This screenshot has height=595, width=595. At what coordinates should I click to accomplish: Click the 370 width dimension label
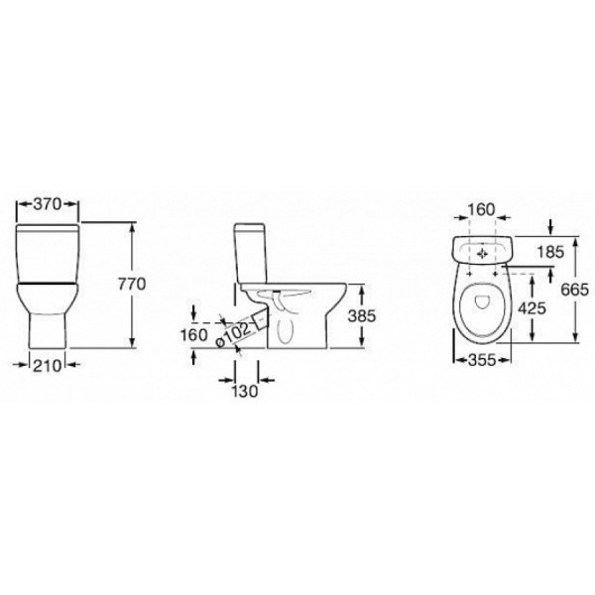[47, 204]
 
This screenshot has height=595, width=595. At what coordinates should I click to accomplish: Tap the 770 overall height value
[132, 284]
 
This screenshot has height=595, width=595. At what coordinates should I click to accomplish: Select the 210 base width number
[47, 366]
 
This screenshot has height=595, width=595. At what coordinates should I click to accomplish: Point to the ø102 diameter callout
[233, 334]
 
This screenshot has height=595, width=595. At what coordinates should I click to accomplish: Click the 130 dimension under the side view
[245, 391]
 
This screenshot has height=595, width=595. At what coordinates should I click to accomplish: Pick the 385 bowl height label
[362, 315]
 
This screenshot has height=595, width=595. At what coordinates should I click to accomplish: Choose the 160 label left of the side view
[193, 335]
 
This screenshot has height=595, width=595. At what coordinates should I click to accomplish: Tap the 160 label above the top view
[482, 210]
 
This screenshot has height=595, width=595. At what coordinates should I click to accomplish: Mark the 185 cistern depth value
[551, 252]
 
